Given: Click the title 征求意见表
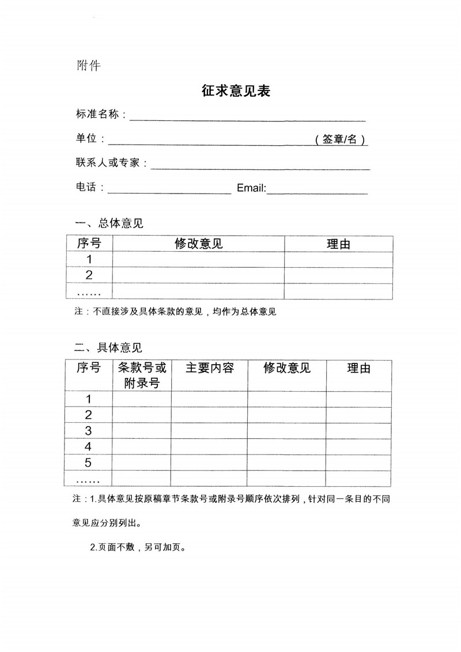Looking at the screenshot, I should [236, 91].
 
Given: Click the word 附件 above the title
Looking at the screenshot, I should [89, 65].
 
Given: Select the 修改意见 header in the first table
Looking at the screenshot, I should [198, 244].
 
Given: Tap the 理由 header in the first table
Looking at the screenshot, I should [338, 244].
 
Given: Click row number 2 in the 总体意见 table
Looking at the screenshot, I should [89, 275].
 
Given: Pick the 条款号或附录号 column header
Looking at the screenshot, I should [142, 375].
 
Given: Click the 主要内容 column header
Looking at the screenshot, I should [209, 368].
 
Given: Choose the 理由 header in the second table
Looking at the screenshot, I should [358, 368].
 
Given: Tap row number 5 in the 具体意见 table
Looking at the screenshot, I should [88, 462].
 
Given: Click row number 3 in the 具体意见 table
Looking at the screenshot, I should [88, 430].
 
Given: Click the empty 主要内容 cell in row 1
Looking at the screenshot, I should [209, 399].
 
